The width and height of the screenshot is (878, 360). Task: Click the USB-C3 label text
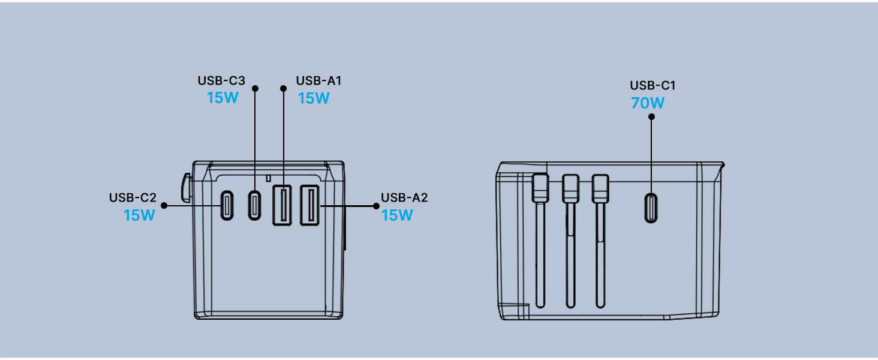[x=221, y=80]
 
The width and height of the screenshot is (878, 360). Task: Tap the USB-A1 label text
[x=318, y=80]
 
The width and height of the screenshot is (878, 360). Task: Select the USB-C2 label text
[x=133, y=197]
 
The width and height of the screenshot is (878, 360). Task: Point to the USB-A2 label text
[x=404, y=197]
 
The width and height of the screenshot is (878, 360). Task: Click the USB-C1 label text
[x=653, y=85]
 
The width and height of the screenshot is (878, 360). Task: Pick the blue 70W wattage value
[x=648, y=103]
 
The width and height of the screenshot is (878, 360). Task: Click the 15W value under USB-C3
[x=222, y=98]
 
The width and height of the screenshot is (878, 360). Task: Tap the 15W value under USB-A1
[x=314, y=98]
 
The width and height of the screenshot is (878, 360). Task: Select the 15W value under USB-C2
[x=139, y=215]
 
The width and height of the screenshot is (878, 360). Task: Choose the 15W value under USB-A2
[x=397, y=215]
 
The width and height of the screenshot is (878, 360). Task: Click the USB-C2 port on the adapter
[x=227, y=205]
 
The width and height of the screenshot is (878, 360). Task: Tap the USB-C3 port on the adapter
[x=254, y=205]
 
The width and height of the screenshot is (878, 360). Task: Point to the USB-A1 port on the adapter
[x=282, y=205]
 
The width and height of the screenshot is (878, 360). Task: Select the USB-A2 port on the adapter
[x=309, y=205]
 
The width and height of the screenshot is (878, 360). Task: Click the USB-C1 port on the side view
[x=651, y=208]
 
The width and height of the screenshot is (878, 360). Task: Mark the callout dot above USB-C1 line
[x=651, y=116]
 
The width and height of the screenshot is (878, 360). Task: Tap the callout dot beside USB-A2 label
[x=376, y=206]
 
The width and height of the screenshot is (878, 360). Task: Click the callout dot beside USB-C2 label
[x=164, y=205]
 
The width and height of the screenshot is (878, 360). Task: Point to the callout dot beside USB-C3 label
[x=255, y=88]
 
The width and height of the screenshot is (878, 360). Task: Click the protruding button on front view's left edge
[x=186, y=188]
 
